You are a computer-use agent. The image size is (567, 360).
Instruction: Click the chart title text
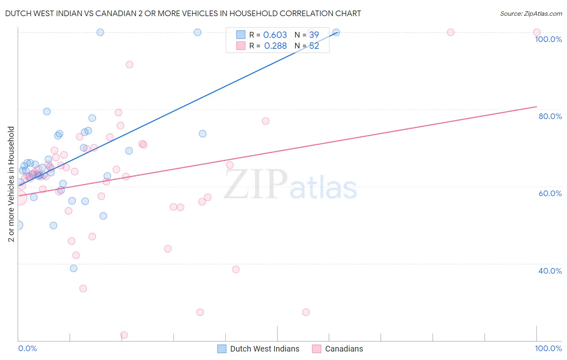pyautogui.click(x=183, y=13)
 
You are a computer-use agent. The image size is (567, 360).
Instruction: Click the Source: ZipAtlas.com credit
pyautogui.click(x=531, y=13)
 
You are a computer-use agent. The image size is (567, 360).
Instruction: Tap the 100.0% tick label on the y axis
pyautogui.click(x=548, y=39)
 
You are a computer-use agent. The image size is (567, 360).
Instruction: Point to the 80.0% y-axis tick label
pyautogui.click(x=550, y=116)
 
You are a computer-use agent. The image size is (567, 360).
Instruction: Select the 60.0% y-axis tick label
pyautogui.click(x=550, y=193)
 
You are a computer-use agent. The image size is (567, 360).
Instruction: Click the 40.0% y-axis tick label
pyautogui.click(x=550, y=271)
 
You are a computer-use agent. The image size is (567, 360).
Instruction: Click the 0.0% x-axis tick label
pyautogui.click(x=27, y=348)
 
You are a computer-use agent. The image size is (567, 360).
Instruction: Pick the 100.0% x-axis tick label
pyautogui.click(x=548, y=348)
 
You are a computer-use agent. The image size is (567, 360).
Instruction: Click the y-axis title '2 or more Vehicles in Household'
pyautogui.click(x=11, y=184)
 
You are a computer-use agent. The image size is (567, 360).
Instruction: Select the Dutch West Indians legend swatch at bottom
pyautogui.click(x=222, y=349)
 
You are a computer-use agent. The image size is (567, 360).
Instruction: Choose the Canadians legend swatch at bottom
pyautogui.click(x=317, y=349)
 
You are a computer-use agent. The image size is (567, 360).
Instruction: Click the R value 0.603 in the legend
pyautogui.click(x=275, y=35)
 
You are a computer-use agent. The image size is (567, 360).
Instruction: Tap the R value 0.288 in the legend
pyautogui.click(x=275, y=46)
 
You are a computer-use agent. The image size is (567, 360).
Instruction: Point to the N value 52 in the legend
pyautogui.click(x=314, y=46)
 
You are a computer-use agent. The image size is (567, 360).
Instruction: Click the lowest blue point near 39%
pyautogui.click(x=73, y=268)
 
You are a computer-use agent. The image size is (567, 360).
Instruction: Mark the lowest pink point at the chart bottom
pyautogui.click(x=124, y=335)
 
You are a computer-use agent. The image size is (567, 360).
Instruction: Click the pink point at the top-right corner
pyautogui.click(x=537, y=32)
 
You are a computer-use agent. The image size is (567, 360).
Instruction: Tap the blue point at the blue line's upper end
pyautogui.click(x=336, y=32)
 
